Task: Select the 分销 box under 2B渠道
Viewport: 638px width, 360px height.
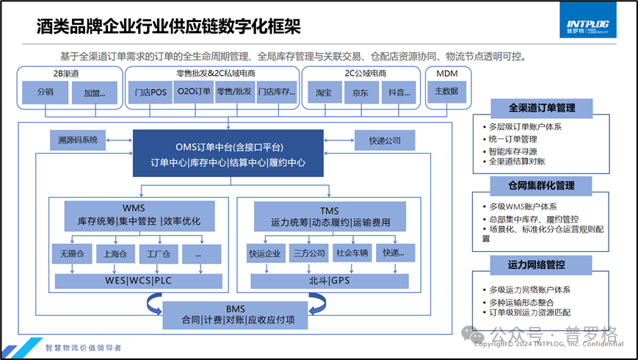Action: (x=44, y=93)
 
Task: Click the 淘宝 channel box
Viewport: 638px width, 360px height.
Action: (x=324, y=93)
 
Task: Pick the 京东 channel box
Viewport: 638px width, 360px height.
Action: (x=360, y=93)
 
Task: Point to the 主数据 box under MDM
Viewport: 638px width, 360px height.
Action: (x=446, y=92)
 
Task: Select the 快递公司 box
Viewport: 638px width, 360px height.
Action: (x=385, y=140)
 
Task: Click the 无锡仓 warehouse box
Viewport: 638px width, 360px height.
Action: (x=73, y=254)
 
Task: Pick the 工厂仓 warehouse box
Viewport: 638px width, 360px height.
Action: (x=159, y=254)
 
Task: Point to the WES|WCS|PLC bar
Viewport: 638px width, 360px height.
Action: (x=139, y=281)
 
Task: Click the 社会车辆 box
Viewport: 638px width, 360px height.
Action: (x=350, y=254)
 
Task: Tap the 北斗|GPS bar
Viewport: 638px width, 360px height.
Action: (x=329, y=281)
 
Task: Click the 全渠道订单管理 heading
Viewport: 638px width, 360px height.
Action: (x=541, y=108)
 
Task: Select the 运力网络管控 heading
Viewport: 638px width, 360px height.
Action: (x=541, y=264)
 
